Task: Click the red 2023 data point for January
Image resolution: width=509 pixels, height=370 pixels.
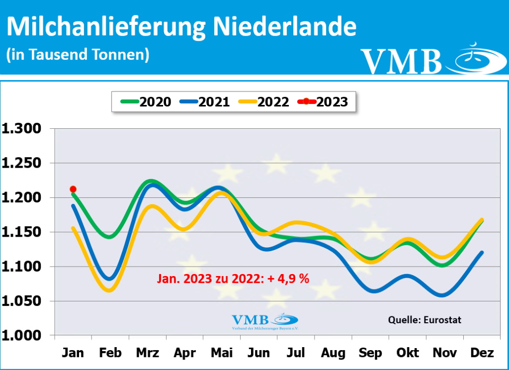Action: point(73,189)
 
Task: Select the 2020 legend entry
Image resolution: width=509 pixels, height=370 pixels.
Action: point(146,102)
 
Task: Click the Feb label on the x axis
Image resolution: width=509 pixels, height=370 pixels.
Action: point(110,353)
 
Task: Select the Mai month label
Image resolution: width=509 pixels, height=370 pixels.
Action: point(221,353)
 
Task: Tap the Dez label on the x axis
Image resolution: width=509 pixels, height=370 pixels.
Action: point(481,353)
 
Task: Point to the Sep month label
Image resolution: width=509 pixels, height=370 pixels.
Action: point(370,353)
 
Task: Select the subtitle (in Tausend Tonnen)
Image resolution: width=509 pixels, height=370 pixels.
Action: point(78,54)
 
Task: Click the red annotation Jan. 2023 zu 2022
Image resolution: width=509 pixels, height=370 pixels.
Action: point(233,279)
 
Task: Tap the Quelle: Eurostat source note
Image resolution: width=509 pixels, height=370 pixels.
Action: point(424,320)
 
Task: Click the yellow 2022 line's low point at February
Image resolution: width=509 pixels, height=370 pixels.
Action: point(110,290)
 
